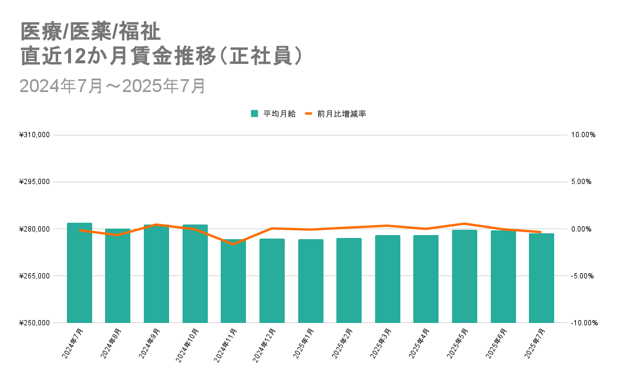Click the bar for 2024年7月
[x=79, y=273]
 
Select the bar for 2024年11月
[x=234, y=281]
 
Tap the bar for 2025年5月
[x=464, y=276]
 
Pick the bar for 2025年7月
[x=541, y=278]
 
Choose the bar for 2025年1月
[x=311, y=281]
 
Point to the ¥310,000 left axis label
[x=35, y=135]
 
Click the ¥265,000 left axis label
[x=35, y=275]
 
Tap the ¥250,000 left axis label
[x=35, y=322]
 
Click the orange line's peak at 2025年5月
[x=464, y=223]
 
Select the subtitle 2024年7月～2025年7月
[x=112, y=86]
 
